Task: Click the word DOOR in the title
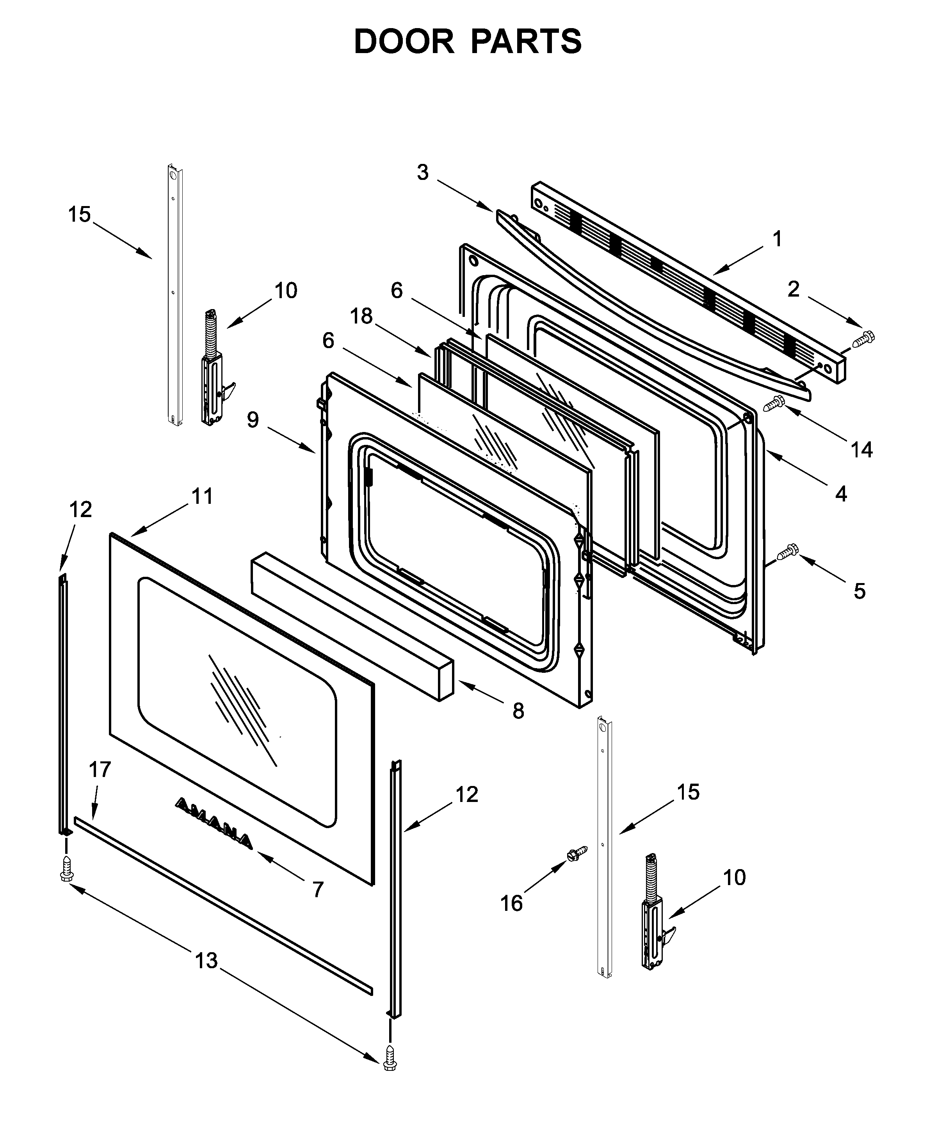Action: (x=404, y=42)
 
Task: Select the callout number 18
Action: (x=361, y=316)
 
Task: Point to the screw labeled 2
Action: (x=863, y=339)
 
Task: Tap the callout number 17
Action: (x=100, y=769)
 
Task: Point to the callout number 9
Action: (x=253, y=420)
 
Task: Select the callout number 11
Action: (x=203, y=496)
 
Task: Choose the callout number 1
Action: (x=777, y=239)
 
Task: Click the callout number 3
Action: (x=423, y=172)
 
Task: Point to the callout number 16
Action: (x=511, y=903)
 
